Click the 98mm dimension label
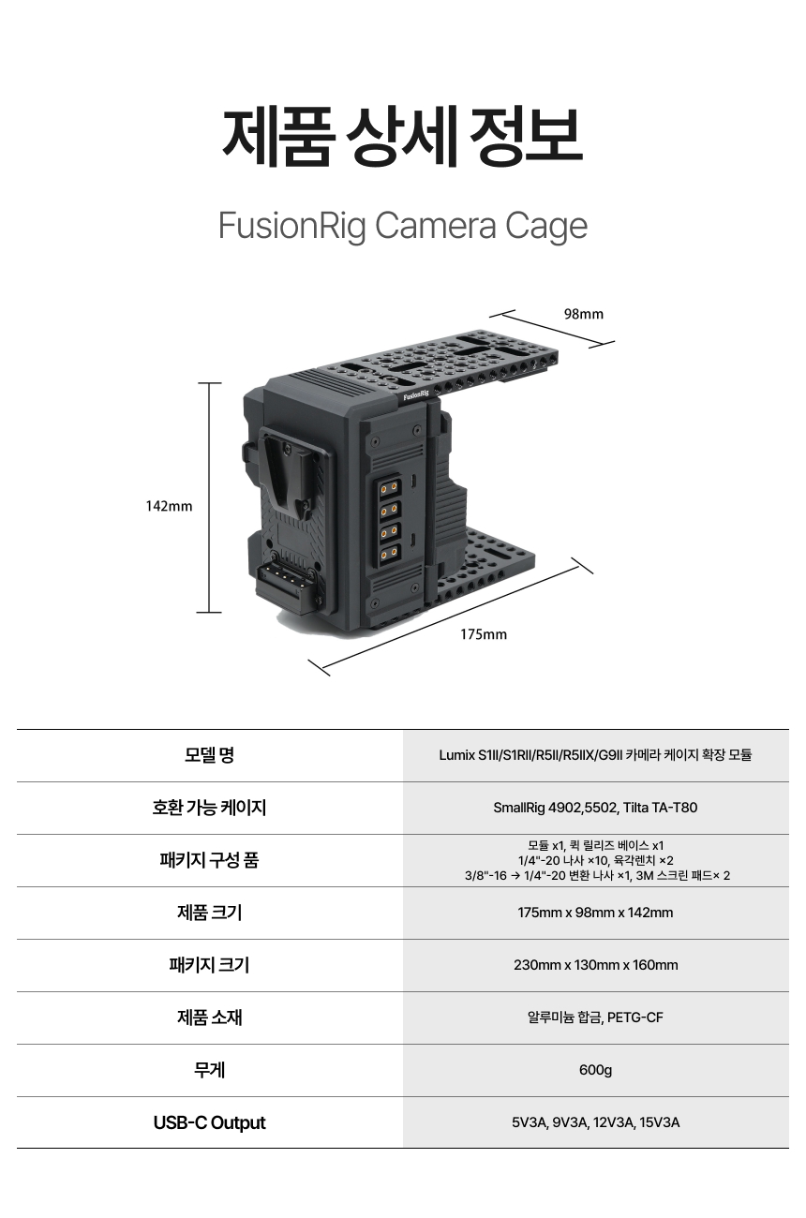pos(584,314)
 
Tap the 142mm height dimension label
pos(169,506)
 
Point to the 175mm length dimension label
pos(484,634)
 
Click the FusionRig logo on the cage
pos(416,394)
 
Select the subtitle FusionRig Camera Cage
pos(403,226)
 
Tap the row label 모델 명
pos(209,755)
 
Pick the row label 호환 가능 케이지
pos(209,808)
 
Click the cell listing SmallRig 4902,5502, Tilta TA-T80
pos(595,808)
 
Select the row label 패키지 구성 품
pos(209,860)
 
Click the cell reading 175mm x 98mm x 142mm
pos(595,913)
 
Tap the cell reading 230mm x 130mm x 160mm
pos(595,965)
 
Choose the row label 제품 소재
pos(209,1017)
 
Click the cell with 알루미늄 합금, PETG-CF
pos(595,1017)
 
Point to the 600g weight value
pos(595,1070)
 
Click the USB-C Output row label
pos(209,1122)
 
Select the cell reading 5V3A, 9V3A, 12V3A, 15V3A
pos(595,1122)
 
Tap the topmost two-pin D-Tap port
pos(389,488)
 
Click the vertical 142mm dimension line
pos(209,498)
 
